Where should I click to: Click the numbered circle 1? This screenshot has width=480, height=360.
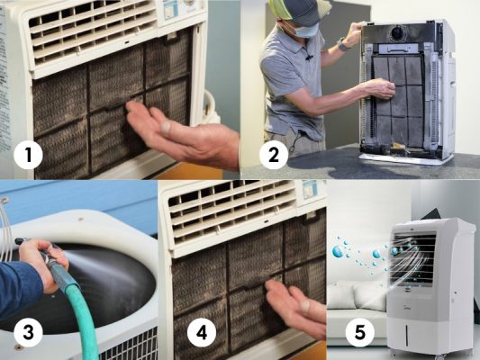(x=28, y=155)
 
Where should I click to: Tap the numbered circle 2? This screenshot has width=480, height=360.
(x=274, y=155)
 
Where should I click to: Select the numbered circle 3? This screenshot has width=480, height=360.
(x=28, y=332)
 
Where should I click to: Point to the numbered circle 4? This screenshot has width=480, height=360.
(x=202, y=332)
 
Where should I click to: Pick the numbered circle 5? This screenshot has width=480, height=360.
(x=360, y=332)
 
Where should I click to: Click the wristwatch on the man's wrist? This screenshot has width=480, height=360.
(x=343, y=45)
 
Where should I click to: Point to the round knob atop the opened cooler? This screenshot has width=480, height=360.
(x=398, y=32)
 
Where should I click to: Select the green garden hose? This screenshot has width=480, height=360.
(x=77, y=306)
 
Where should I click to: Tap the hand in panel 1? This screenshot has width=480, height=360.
(x=181, y=135)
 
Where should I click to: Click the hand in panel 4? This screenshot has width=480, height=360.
(x=295, y=308)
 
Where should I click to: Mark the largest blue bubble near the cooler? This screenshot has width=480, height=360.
(x=338, y=251)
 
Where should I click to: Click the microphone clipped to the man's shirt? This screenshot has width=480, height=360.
(x=309, y=57)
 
